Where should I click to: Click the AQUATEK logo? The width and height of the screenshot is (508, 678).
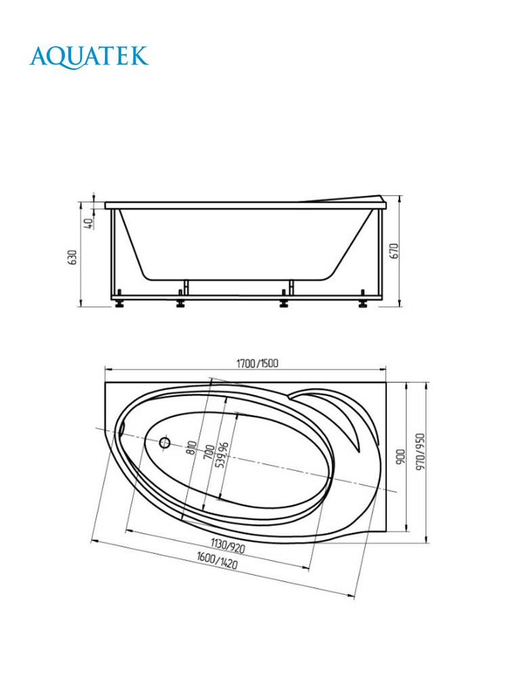click(x=89, y=57)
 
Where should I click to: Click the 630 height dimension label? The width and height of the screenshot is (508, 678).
click(x=72, y=257)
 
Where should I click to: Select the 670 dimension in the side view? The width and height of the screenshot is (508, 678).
click(x=394, y=251)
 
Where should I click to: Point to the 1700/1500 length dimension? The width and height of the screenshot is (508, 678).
click(x=257, y=363)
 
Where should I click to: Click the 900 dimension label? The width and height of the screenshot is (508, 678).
click(x=401, y=456)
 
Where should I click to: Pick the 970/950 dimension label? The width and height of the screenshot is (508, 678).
click(x=420, y=452)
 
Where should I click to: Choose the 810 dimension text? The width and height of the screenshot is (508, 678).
click(x=192, y=447)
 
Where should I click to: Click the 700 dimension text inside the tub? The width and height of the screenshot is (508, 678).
click(x=209, y=452)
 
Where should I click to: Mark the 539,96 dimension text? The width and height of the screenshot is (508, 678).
click(x=222, y=455)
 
